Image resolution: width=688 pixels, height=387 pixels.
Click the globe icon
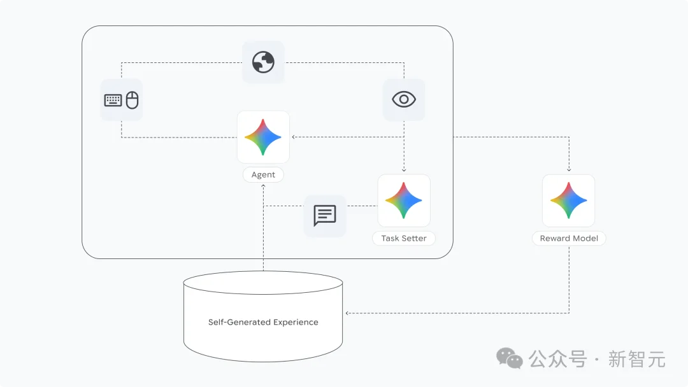(x=263, y=62)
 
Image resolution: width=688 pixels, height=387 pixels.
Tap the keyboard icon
(x=113, y=101)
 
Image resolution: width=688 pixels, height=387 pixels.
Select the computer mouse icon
(x=132, y=100)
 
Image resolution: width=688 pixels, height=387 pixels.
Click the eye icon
(x=404, y=99)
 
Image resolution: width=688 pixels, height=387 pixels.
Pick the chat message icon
(x=324, y=216)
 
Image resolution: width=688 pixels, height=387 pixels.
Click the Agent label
(x=263, y=174)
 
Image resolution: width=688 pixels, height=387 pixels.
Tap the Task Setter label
(x=404, y=239)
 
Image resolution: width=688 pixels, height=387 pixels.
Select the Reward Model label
(x=569, y=239)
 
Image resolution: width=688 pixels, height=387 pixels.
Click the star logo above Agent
(x=263, y=137)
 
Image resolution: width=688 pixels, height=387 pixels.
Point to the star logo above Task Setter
(x=404, y=201)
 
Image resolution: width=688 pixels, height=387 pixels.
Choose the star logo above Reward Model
(x=569, y=201)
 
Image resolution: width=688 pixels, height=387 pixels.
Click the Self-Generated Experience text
(x=263, y=322)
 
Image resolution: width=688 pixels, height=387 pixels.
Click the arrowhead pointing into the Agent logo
(x=293, y=137)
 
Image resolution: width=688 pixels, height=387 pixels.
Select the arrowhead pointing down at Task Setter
(x=404, y=171)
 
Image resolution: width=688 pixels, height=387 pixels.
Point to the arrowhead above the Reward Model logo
(x=569, y=170)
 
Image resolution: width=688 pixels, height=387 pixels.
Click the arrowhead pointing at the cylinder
(x=347, y=313)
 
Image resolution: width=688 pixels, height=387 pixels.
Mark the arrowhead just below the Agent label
(x=263, y=186)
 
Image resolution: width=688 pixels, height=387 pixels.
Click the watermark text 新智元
(x=636, y=359)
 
